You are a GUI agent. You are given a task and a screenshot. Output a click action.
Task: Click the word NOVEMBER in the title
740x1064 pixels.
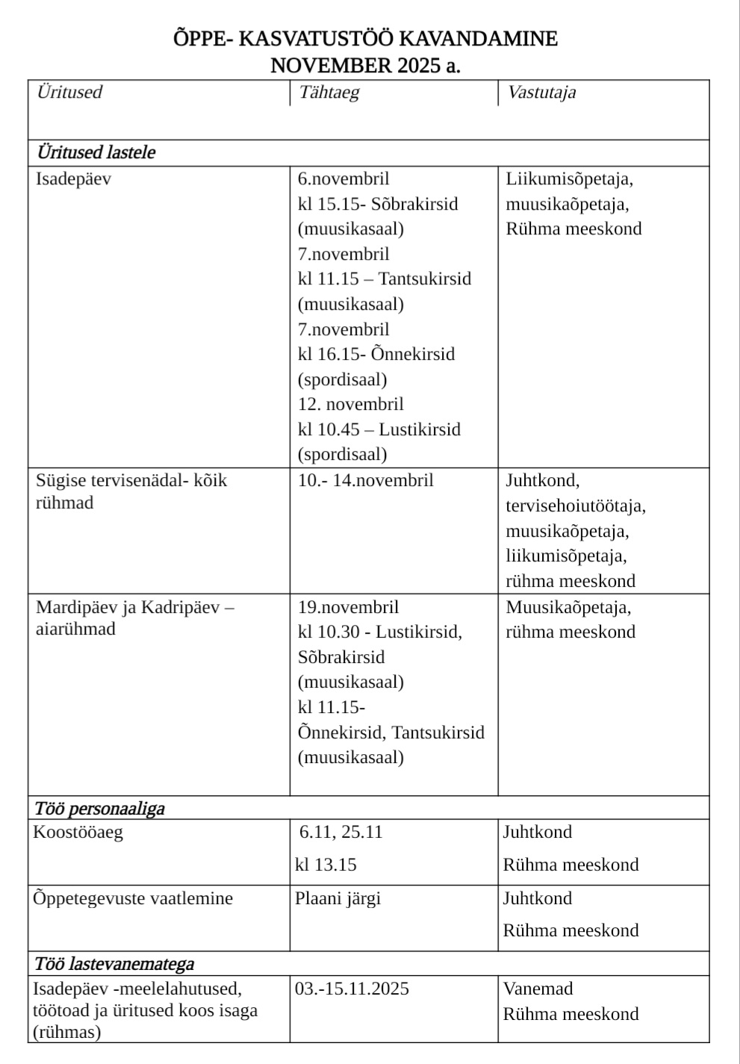(x=331, y=66)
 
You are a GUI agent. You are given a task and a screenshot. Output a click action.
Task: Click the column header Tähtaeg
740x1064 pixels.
(x=329, y=93)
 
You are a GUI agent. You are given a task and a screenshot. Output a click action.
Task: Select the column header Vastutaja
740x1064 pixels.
(x=541, y=93)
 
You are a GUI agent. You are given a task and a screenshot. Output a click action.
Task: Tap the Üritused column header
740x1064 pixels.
(x=69, y=93)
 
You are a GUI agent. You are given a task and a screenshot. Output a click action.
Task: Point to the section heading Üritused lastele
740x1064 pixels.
(x=96, y=153)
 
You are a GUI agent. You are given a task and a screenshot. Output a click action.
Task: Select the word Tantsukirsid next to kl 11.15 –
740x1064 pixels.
(x=425, y=279)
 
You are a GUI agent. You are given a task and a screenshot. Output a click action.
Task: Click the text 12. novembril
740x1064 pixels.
(x=350, y=405)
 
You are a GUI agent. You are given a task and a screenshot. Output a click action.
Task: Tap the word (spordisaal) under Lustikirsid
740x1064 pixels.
(x=342, y=455)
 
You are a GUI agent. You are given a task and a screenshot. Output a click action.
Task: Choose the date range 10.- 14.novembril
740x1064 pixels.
(x=365, y=481)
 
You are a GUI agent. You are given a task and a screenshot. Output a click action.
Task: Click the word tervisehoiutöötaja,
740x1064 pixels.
(x=575, y=506)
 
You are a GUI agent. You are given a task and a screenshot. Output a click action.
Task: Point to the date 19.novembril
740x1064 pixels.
(x=348, y=607)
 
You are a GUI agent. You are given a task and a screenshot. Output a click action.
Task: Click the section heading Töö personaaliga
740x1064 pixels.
(x=99, y=809)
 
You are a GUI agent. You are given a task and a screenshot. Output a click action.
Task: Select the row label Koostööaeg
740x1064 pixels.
(x=78, y=833)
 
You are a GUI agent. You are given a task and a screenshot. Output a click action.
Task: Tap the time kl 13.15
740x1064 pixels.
(x=326, y=865)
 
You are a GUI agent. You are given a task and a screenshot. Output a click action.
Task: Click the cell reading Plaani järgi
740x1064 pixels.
(x=338, y=898)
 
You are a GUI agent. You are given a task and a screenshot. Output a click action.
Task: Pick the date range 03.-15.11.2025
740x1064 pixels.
(x=352, y=989)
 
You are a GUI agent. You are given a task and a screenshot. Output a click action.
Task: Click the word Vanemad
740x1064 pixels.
(x=538, y=989)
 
